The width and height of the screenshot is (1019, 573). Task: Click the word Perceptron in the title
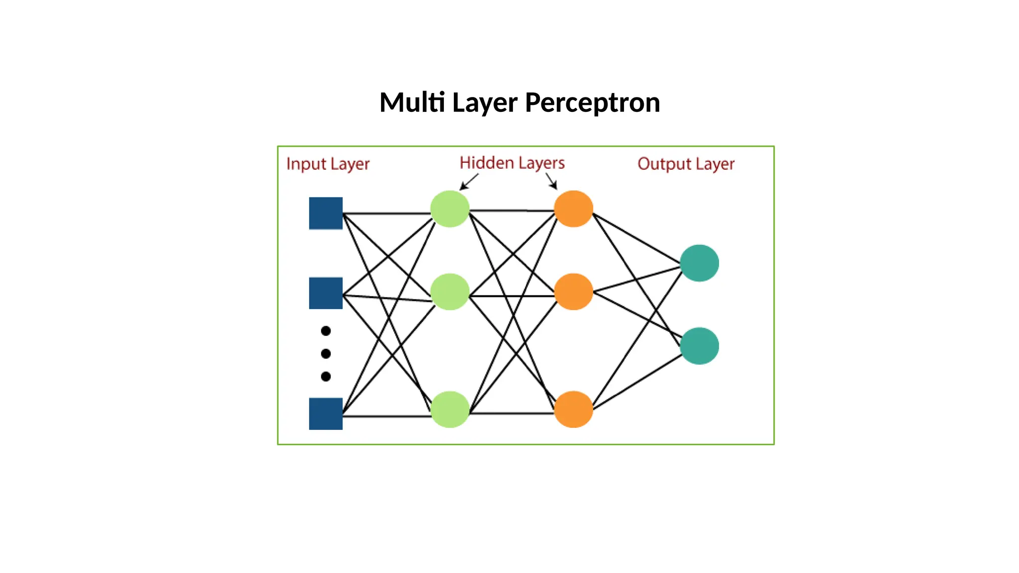592,103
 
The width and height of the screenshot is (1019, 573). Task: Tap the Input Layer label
327,164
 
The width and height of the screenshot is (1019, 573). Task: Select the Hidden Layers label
512,163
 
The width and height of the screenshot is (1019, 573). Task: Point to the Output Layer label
686,164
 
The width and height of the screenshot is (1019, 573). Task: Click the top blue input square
326,213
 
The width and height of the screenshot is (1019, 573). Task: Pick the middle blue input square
326,293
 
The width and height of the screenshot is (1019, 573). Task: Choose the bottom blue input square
326,413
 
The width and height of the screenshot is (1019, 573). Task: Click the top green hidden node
450,209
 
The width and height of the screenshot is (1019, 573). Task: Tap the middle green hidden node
450,292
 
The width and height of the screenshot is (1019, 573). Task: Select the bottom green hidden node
450,409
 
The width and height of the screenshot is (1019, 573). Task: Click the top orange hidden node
573,209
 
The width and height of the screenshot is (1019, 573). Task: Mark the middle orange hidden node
573,292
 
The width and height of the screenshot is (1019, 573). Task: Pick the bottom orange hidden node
573,409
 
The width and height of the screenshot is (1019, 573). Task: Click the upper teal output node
699,263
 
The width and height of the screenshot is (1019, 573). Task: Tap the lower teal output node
699,346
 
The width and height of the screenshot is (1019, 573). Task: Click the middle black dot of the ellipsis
326,354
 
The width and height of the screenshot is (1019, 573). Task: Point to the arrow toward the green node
469,182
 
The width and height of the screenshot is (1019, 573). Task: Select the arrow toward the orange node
551,181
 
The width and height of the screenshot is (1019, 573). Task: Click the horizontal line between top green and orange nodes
511,210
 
